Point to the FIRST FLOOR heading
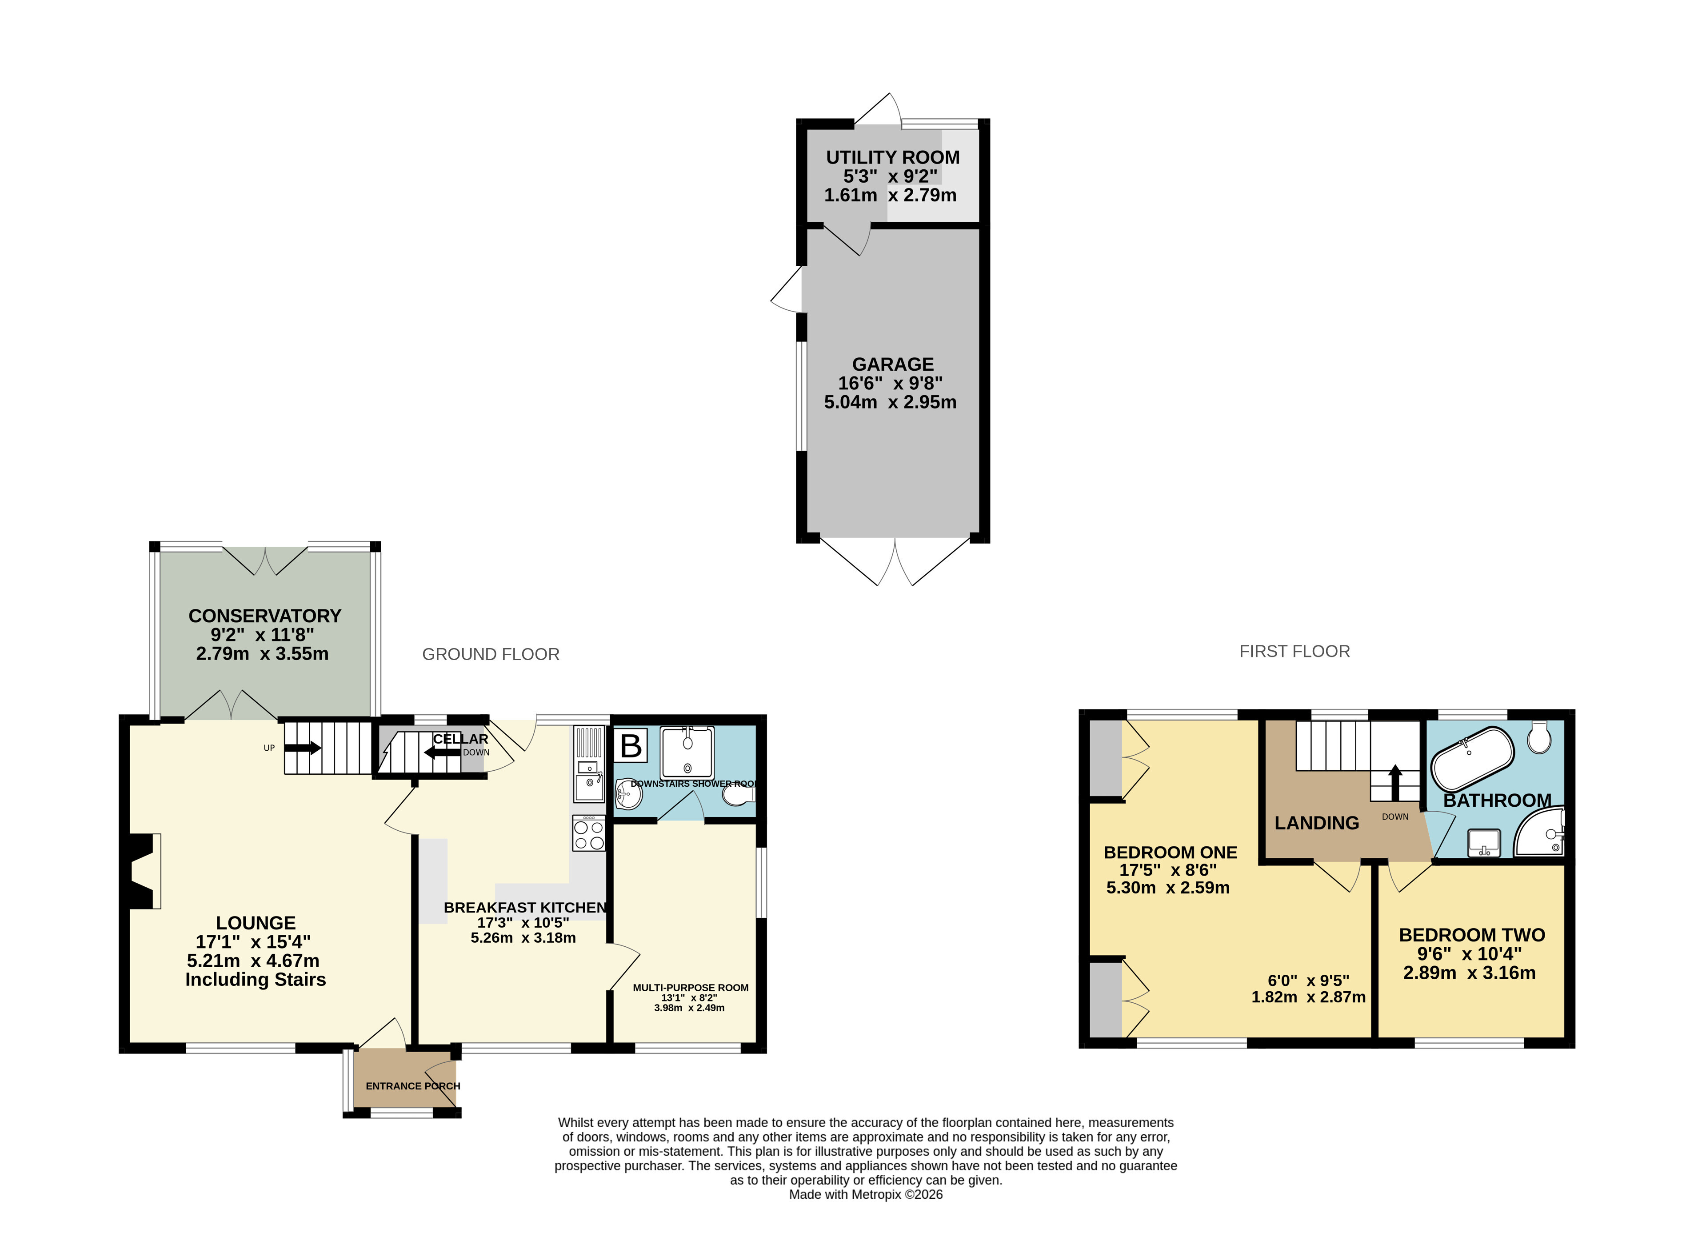point(1294,652)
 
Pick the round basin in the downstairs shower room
point(628,794)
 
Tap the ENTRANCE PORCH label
point(412,1086)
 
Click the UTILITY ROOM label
point(892,157)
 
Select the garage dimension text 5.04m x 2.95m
point(890,402)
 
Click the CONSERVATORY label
point(264,616)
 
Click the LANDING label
point(1317,823)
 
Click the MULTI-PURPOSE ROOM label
point(690,988)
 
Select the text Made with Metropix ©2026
point(865,1194)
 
